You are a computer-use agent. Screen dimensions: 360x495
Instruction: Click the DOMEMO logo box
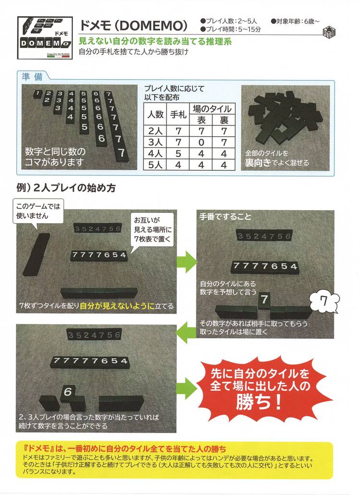click(x=45, y=38)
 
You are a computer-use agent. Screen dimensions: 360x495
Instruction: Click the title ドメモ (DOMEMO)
click(x=133, y=25)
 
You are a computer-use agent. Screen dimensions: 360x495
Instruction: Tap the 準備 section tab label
click(x=32, y=76)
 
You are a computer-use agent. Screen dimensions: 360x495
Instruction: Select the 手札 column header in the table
click(x=178, y=114)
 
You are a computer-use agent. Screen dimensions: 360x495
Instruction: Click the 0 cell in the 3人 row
click(x=201, y=142)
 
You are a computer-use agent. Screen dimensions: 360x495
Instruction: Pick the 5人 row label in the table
click(x=155, y=165)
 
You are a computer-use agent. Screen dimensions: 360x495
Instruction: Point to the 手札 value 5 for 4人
click(x=178, y=154)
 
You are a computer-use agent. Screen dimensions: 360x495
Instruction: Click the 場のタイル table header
click(x=212, y=109)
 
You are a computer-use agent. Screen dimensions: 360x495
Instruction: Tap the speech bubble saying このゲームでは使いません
click(x=38, y=211)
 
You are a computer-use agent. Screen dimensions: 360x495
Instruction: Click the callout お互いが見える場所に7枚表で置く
click(x=152, y=229)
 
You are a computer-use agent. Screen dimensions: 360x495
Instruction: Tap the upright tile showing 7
click(x=264, y=301)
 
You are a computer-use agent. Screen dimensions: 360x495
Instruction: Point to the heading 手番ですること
click(x=225, y=217)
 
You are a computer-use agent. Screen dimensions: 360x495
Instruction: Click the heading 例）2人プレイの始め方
click(x=66, y=188)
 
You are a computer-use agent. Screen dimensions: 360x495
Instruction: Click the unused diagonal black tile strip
click(x=36, y=254)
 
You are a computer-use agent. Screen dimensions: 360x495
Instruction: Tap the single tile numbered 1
click(x=37, y=94)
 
